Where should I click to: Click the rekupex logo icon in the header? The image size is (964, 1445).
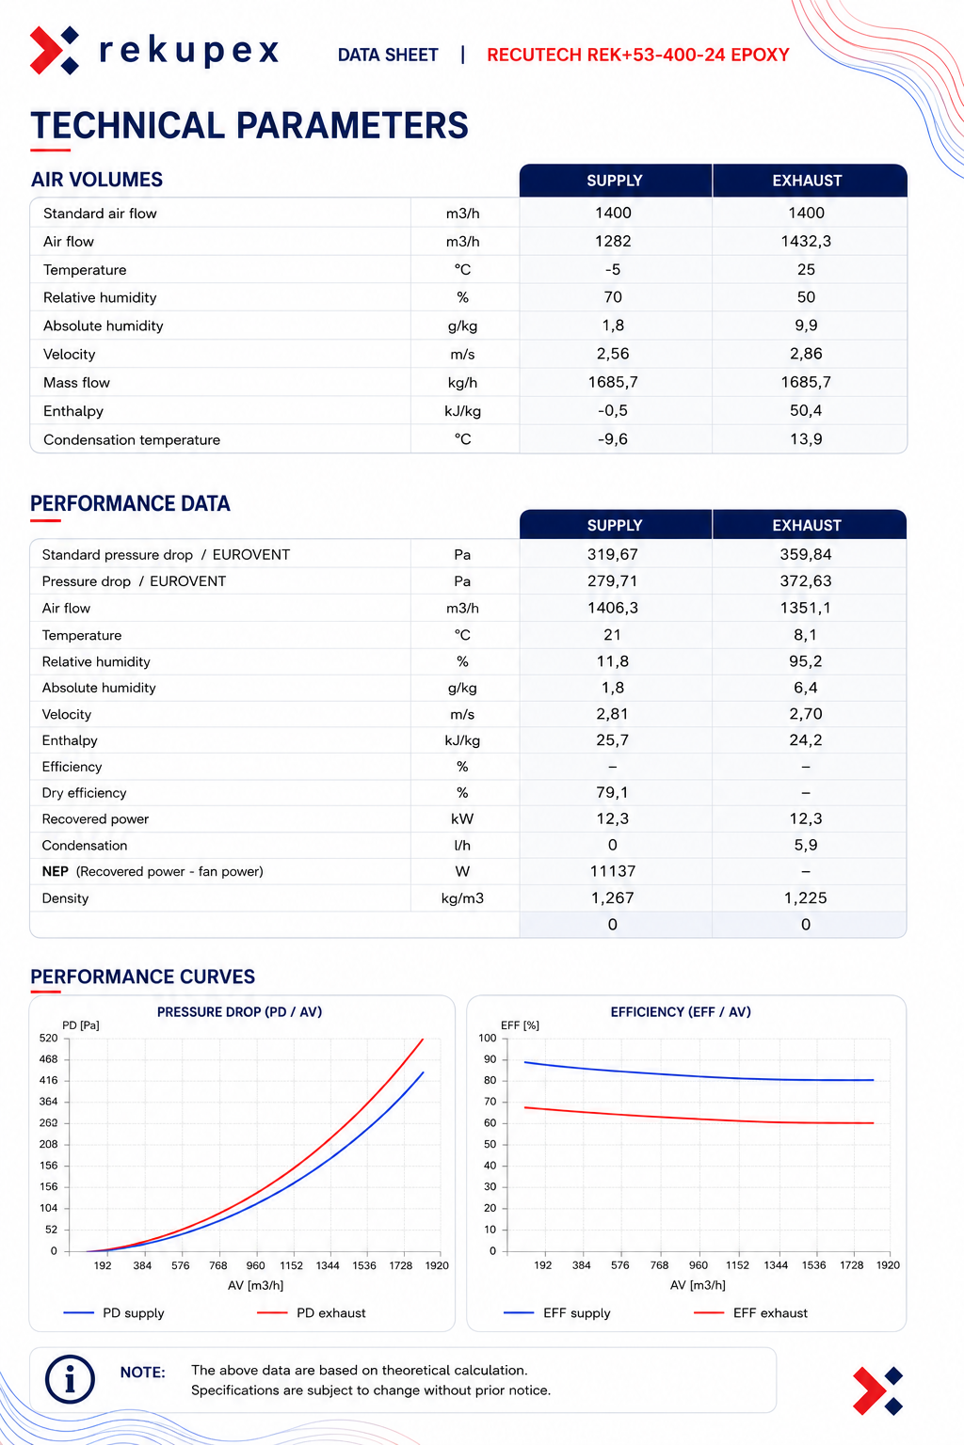coord(55,50)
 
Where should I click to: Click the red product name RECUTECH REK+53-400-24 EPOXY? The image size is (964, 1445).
coord(638,55)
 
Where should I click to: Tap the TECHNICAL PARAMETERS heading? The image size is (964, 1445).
coord(249,125)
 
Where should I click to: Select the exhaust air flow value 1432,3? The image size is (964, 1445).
coord(806,241)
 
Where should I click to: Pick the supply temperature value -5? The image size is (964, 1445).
coord(613,269)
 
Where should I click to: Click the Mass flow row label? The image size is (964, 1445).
coord(76,383)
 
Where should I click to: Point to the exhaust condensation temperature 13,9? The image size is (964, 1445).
coord(806,439)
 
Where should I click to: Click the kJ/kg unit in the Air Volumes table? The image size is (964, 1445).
coord(462,411)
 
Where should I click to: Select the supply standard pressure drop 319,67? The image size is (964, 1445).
coord(613,554)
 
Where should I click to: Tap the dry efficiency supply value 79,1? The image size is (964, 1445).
coord(612,792)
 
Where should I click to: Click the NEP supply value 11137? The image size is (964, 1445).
coord(613,871)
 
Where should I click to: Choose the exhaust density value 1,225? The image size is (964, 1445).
coord(806,898)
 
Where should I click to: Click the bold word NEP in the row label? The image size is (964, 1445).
coord(55,871)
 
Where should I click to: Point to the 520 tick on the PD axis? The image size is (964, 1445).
coord(48,1038)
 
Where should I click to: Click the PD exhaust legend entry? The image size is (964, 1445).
coord(312,1312)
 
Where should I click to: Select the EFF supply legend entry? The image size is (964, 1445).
coord(556,1312)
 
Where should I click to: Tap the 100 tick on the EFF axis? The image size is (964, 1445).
coord(488,1038)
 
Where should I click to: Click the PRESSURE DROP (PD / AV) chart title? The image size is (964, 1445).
coord(239,1011)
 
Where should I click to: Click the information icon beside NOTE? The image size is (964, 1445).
coord(70,1380)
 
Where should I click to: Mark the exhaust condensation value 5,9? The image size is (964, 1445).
coord(806,845)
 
